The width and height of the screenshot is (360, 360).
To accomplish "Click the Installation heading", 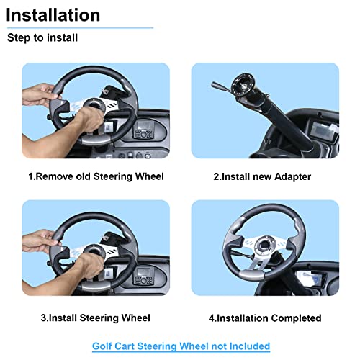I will click(x=54, y=14).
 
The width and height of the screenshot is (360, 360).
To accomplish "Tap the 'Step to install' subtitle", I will click(x=42, y=37).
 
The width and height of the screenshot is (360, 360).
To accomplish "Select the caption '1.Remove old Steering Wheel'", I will click(x=96, y=176).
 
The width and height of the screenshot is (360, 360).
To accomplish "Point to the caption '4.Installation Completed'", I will click(x=265, y=318).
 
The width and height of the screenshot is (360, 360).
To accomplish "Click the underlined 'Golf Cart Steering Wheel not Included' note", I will click(x=181, y=346).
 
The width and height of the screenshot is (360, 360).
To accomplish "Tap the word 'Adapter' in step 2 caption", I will click(x=295, y=176).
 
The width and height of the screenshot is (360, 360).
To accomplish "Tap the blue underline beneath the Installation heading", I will click(x=79, y=28).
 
